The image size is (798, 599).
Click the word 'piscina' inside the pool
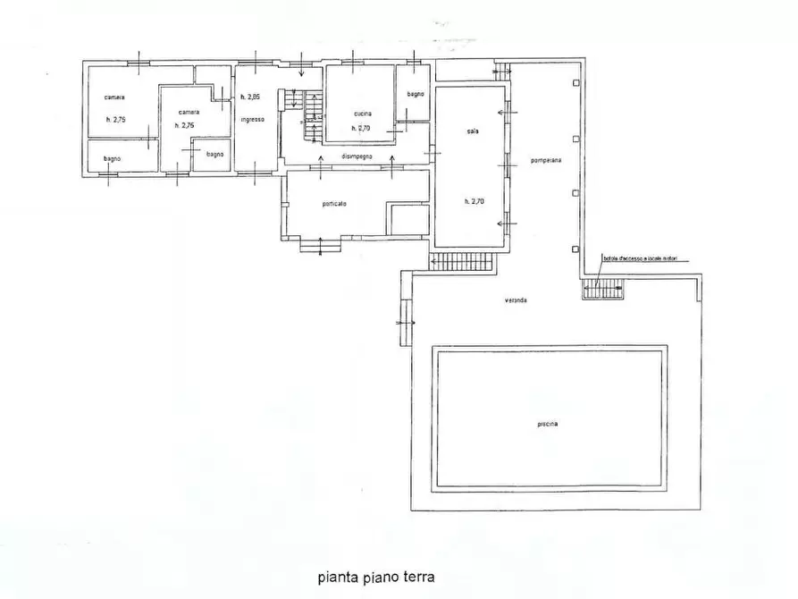pyautogui.click(x=549, y=424)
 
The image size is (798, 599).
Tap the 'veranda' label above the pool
pyautogui.click(x=514, y=300)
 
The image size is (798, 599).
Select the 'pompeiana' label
pyautogui.click(x=545, y=161)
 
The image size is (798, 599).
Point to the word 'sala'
pyautogui.click(x=472, y=131)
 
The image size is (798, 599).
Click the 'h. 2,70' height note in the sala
pyautogui.click(x=474, y=201)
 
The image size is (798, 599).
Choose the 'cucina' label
pyautogui.click(x=362, y=114)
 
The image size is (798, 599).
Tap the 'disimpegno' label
pyautogui.click(x=356, y=157)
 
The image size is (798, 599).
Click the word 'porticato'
pyautogui.click(x=334, y=204)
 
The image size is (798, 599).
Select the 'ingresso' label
pyautogui.click(x=251, y=119)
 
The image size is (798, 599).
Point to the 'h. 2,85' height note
pyautogui.click(x=249, y=97)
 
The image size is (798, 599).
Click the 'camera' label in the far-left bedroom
pyautogui.click(x=113, y=97)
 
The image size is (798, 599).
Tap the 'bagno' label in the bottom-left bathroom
pyautogui.click(x=112, y=159)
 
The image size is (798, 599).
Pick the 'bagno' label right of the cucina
pyautogui.click(x=415, y=94)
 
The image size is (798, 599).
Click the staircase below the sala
pyautogui.click(x=462, y=261)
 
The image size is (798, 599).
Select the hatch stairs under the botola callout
pyautogui.click(x=603, y=289)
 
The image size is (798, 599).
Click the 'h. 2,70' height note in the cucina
pyautogui.click(x=360, y=129)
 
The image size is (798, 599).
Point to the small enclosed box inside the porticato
pyautogui.click(x=408, y=219)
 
